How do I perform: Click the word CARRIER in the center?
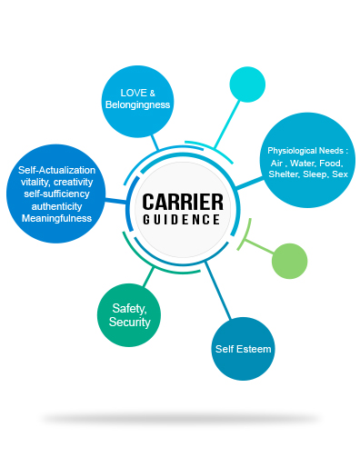183,202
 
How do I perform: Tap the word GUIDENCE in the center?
182,220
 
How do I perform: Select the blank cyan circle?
247,84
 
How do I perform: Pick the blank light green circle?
290,261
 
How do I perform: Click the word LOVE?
134,93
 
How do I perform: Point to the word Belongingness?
137,104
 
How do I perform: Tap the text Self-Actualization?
56,170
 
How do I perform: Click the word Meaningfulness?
56,218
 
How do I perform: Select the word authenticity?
56,206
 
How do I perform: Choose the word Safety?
129,309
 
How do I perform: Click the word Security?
130,322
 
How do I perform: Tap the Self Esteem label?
243,349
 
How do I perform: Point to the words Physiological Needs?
305,151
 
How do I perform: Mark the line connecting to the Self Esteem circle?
218,291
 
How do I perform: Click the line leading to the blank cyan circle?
226,124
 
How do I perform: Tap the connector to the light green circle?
259,246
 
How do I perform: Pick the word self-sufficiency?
56,194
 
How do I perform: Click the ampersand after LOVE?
153,94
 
